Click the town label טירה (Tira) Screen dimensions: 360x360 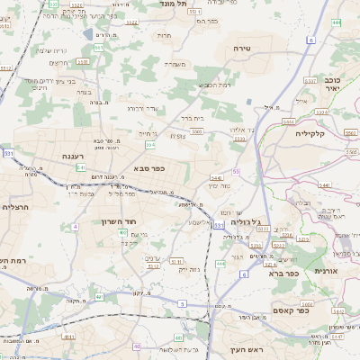[240, 47]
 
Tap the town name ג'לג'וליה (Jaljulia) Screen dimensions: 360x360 [245, 221]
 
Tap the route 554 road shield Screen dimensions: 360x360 [150, 144]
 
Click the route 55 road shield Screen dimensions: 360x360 [237, 170]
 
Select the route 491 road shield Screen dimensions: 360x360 [99, 296]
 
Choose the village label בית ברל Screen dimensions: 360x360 [193, 117]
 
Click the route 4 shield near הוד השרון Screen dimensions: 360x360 [76, 227]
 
